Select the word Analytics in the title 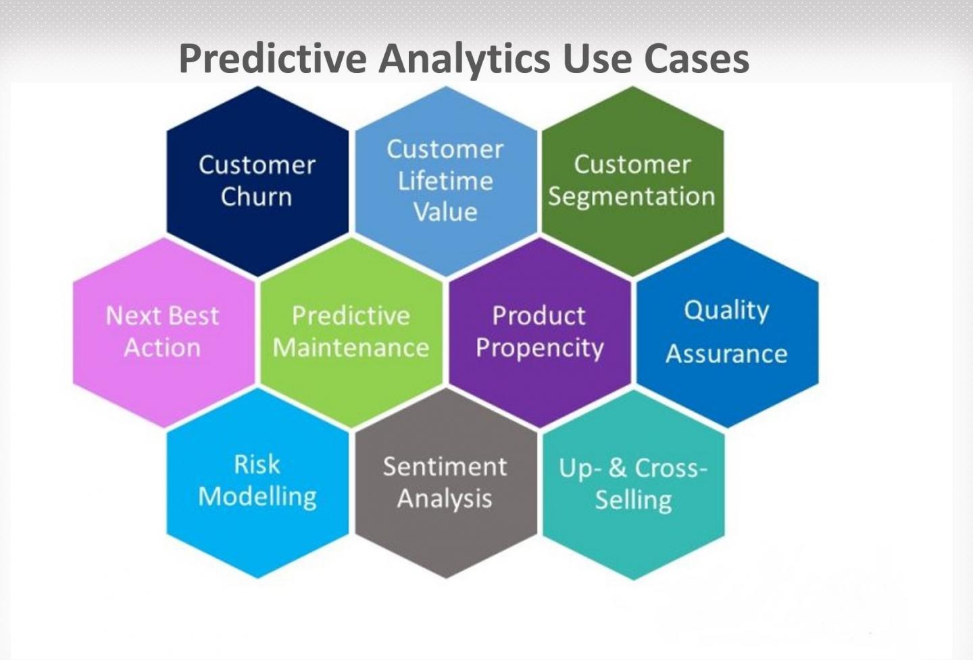tap(464, 59)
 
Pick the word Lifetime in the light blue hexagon tap(445, 181)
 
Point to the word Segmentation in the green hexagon tap(631, 197)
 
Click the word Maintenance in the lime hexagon tap(351, 348)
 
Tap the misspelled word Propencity tap(539, 348)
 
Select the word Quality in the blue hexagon tap(726, 310)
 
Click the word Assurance tap(726, 354)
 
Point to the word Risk tap(257, 465)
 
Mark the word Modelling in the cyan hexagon tap(257, 497)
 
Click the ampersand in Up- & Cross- tap(618, 467)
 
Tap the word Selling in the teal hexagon tap(633, 500)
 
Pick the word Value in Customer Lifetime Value tap(445, 212)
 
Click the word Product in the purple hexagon tap(539, 316)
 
